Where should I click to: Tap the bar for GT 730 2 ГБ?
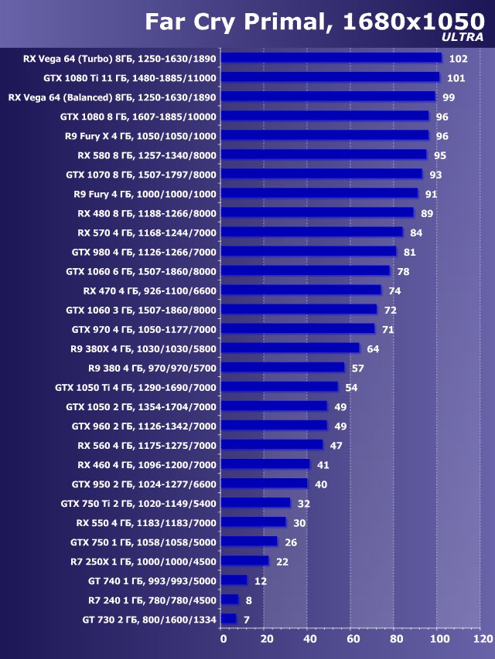[229, 619]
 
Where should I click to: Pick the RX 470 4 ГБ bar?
[301, 290]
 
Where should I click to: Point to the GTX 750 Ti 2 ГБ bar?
[255, 503]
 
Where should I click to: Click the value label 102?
[458, 59]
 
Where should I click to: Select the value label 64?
[373, 348]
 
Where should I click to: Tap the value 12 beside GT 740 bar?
[261, 580]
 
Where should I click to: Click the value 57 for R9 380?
[357, 368]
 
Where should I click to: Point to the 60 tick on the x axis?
[353, 639]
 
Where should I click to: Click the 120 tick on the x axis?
[482, 639]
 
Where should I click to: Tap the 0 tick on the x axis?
[223, 639]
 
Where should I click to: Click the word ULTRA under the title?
[463, 36]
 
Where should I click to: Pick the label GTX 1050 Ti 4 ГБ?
[136, 387]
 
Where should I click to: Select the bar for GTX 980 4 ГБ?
[309, 252]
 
